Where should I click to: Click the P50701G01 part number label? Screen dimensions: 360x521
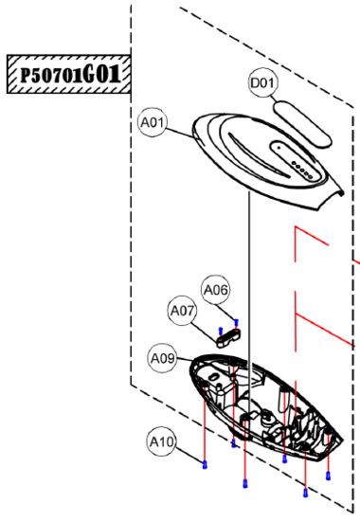pos(69,75)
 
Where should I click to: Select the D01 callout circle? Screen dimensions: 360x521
pos(263,82)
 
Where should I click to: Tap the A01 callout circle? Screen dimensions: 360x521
pos(153,122)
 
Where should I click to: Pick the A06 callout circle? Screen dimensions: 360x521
pos(216,290)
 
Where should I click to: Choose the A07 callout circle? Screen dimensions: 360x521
pos(182,312)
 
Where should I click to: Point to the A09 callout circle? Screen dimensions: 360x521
pos(163,358)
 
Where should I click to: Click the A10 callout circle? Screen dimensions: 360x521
pos(162,442)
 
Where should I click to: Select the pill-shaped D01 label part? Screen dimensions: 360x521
pos(302,124)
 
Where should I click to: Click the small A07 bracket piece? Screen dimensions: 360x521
pos(228,338)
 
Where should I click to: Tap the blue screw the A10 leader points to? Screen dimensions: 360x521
pos(205,464)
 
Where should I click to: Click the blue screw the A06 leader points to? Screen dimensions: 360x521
pos(236,322)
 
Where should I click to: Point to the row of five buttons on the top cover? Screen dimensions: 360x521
pos(302,170)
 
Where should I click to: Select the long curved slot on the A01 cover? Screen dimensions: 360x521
pos(258,154)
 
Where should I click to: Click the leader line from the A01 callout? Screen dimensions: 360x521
pos(179,133)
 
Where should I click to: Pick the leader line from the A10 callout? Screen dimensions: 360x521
pos(189,455)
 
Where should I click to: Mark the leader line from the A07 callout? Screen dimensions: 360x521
pos(205,332)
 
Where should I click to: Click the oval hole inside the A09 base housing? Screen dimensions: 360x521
pos(213,376)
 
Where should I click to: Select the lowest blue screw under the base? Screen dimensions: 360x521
pos(305,493)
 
